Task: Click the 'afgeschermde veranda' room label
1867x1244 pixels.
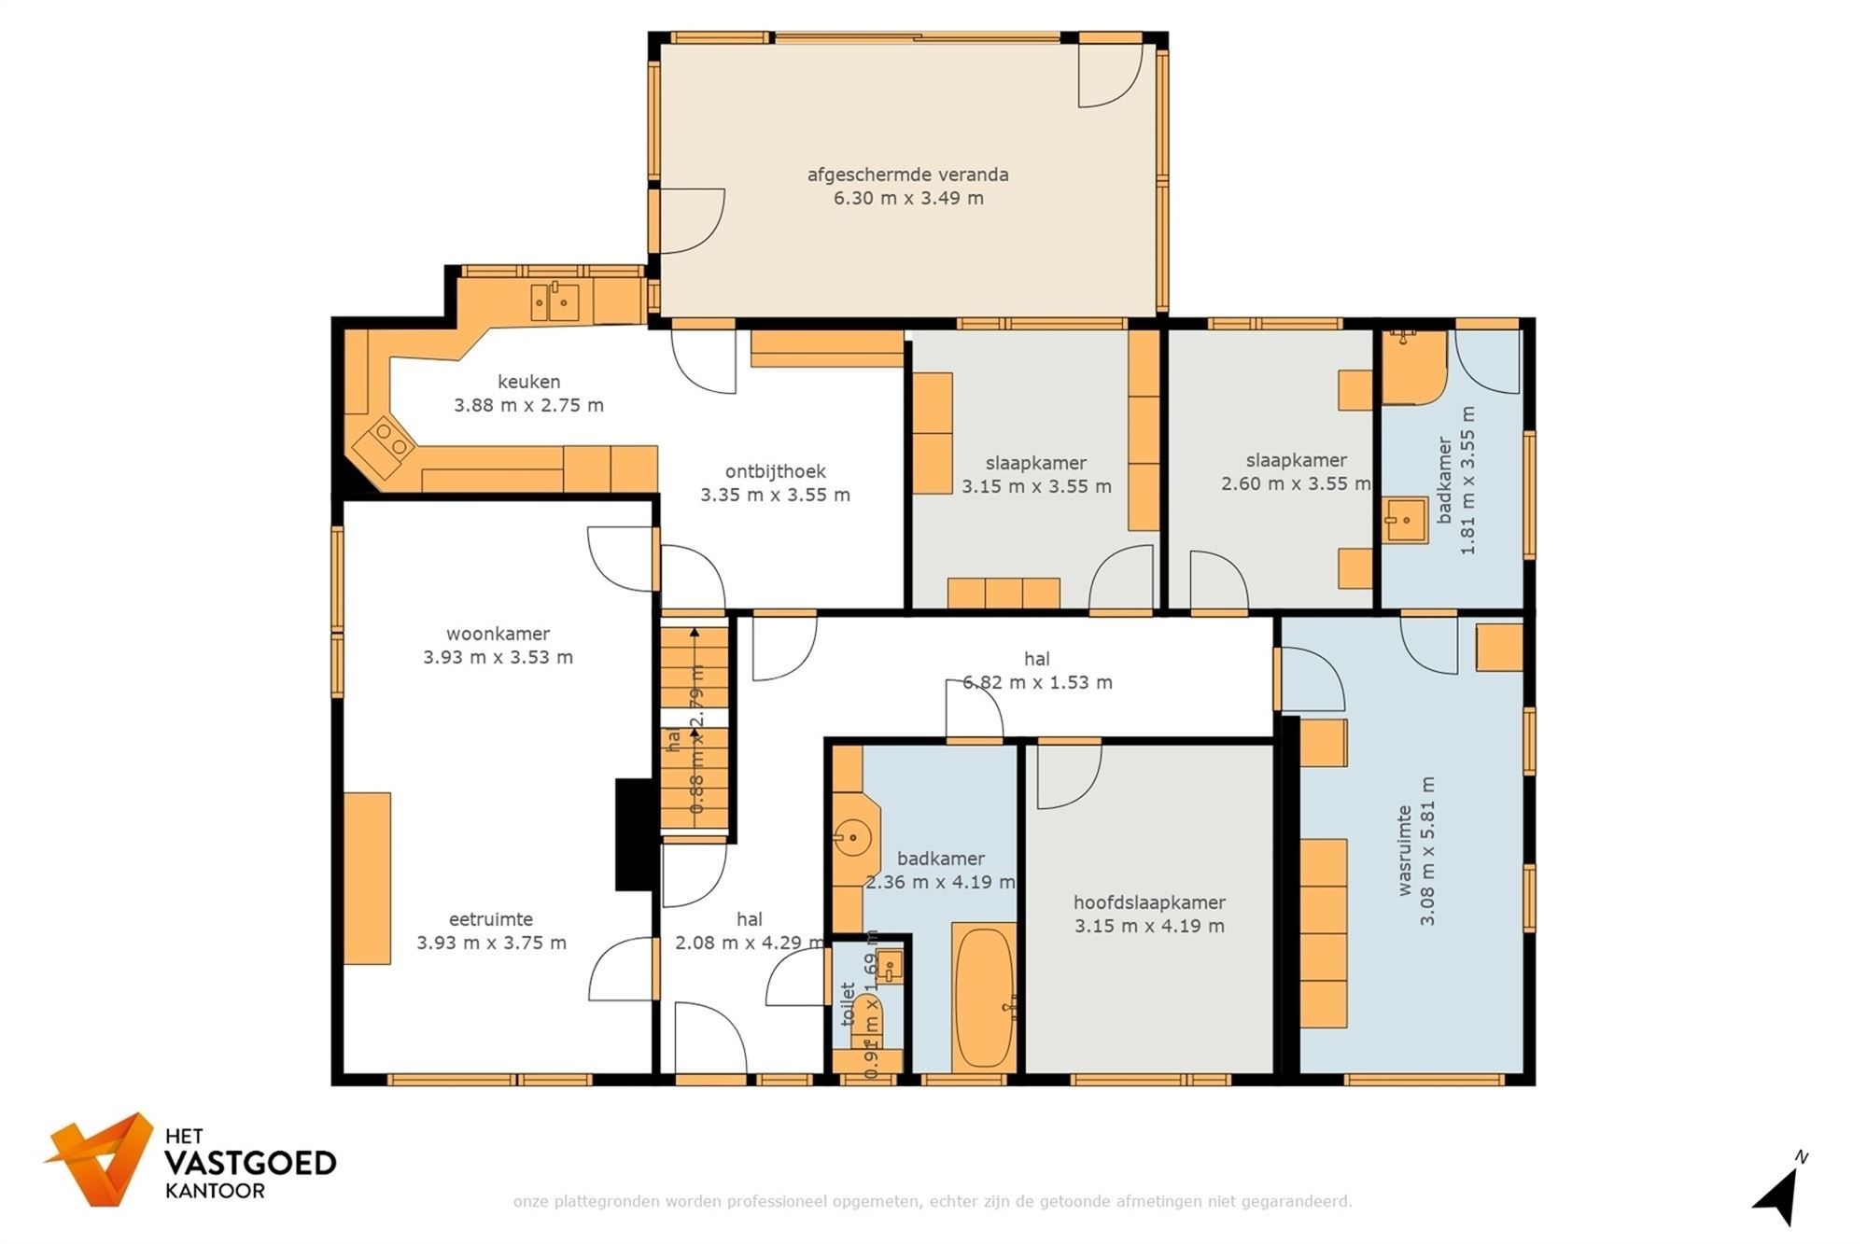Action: (x=907, y=175)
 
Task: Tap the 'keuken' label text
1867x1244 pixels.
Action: (x=528, y=382)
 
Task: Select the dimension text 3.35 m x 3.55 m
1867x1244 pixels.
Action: (x=775, y=496)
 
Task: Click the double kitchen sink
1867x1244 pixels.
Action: (x=554, y=302)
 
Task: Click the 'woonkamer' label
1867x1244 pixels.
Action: (x=498, y=634)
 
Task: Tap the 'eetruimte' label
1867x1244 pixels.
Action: (x=490, y=919)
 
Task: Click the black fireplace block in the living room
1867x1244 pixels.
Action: (x=634, y=834)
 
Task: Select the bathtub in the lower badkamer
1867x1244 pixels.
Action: (x=983, y=997)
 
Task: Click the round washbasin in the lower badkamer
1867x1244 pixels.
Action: (x=851, y=837)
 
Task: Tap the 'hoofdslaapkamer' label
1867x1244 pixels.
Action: (x=1149, y=902)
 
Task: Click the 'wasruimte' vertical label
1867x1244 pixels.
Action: (x=1404, y=850)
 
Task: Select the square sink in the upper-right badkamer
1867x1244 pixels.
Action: (x=1404, y=521)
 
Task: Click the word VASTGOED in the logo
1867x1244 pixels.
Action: (x=249, y=1163)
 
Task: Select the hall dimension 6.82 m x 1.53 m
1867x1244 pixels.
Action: (x=1037, y=683)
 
